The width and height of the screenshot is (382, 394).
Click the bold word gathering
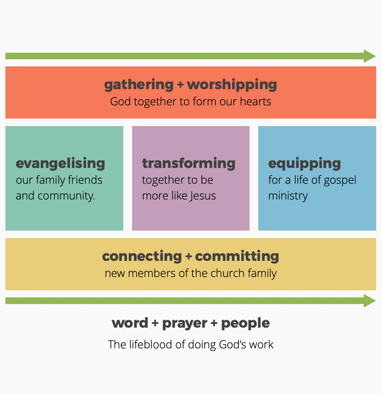(139, 85)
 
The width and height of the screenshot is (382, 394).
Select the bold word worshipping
(232, 85)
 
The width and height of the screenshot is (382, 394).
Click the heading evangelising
(60, 163)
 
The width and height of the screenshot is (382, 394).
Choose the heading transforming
(189, 163)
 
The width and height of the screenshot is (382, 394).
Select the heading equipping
(304, 163)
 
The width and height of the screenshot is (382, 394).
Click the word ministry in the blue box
(288, 195)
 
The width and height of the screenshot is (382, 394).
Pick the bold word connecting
(142, 256)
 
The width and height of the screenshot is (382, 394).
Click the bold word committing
(237, 256)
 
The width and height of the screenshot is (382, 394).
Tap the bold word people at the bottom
(245, 323)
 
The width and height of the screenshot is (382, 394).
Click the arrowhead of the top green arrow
(370, 56)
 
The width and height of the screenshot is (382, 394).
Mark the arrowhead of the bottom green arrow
(370, 301)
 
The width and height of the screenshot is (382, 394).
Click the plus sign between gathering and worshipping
(180, 85)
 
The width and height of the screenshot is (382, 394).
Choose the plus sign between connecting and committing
(189, 256)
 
